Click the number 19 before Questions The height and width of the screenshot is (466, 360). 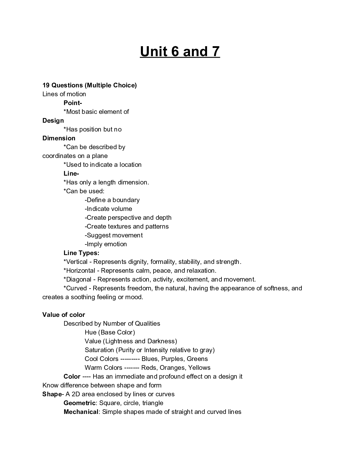click(x=46, y=85)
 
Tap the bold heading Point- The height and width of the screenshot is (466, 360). click(x=73, y=103)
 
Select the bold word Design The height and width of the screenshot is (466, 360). click(x=53, y=121)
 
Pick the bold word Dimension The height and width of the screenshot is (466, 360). click(x=59, y=138)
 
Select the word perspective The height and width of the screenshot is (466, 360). click(x=120, y=218)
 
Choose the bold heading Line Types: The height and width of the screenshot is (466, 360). click(x=81, y=253)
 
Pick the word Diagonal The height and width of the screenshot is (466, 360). click(x=79, y=279)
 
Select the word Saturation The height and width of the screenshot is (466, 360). click(x=99, y=350)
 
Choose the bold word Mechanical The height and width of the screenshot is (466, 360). click(x=81, y=412)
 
